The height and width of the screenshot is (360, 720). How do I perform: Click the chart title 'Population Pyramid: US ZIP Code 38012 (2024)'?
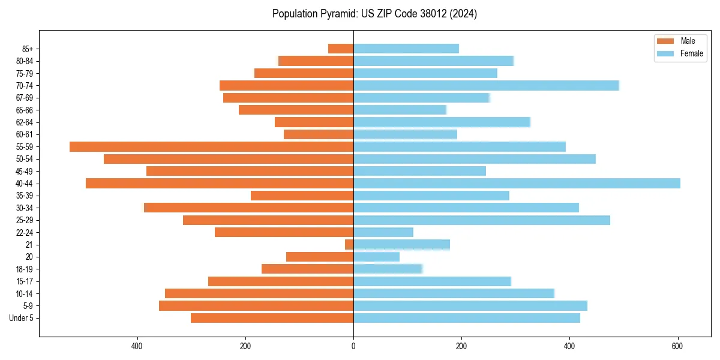[x=374, y=14]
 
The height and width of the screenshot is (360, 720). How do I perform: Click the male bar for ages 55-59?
[x=211, y=146]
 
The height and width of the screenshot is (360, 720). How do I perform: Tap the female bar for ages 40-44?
[x=517, y=183]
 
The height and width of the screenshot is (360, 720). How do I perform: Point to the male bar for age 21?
[x=349, y=244]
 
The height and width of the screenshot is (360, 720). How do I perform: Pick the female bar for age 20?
[x=376, y=257]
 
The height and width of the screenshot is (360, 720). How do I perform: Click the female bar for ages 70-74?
[x=486, y=85]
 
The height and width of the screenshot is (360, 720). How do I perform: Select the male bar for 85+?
[x=341, y=49]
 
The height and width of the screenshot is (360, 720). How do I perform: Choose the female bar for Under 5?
[x=467, y=318]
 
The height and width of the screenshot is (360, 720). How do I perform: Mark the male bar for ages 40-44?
[x=220, y=183]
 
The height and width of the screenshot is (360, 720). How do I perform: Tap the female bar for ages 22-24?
[x=383, y=232]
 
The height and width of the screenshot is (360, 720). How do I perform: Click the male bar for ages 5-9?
[x=256, y=305]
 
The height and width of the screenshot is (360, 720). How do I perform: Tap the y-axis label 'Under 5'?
[x=22, y=318]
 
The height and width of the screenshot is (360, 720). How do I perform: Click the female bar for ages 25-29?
[x=482, y=220]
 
